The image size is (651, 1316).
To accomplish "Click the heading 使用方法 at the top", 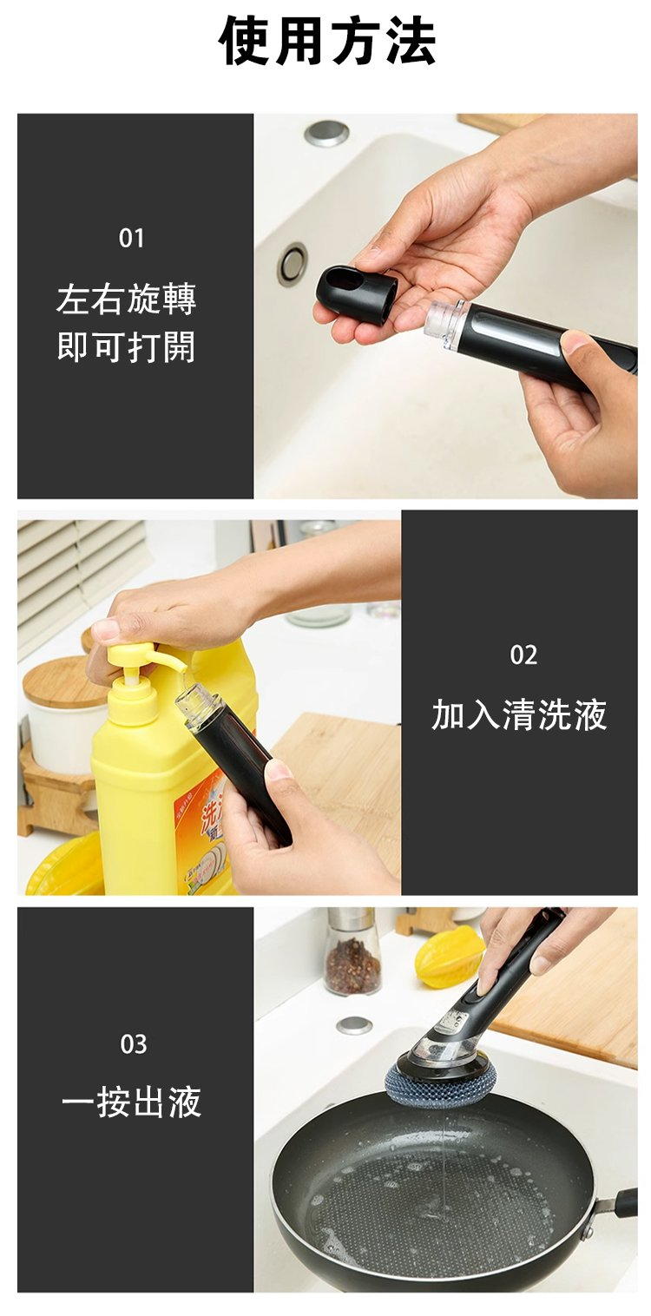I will [x=327, y=41].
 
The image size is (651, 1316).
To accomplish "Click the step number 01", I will [x=132, y=238].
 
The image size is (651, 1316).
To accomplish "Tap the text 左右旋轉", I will [x=127, y=299].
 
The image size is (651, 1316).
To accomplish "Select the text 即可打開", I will [x=127, y=347].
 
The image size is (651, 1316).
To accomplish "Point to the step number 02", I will [x=523, y=655].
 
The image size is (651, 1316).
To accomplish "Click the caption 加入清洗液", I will [x=519, y=715].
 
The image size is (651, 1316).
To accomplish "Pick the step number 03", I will [x=134, y=1044].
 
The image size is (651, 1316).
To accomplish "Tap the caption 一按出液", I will [x=132, y=1102].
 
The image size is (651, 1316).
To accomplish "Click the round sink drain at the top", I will [x=327, y=133].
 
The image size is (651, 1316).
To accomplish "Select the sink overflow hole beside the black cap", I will [x=293, y=264].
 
